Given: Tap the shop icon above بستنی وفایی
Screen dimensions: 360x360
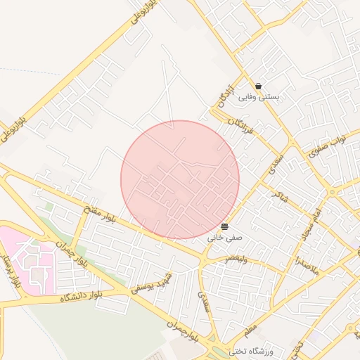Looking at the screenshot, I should pos(259,86).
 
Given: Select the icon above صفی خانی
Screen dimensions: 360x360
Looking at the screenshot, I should pos(224,226).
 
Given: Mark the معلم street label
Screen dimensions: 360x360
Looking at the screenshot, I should pos(251,326).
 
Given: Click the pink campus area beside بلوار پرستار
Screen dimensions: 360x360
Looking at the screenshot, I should pos(28,257).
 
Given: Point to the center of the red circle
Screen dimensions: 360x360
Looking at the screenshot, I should pos(180,179).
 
